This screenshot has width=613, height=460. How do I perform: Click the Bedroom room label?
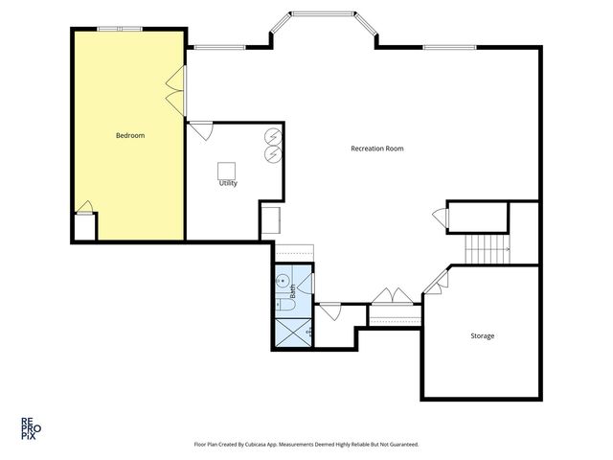(x=130, y=136)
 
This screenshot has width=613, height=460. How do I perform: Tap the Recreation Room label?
(x=376, y=149)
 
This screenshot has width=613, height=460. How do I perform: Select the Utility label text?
(x=228, y=183)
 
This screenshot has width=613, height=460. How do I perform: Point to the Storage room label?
(x=483, y=336)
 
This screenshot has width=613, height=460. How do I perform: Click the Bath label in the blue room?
(x=292, y=291)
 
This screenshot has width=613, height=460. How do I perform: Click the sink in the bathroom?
(x=283, y=281)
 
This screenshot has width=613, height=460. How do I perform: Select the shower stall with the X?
(x=293, y=333)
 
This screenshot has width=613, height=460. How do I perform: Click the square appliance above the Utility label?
(x=226, y=171)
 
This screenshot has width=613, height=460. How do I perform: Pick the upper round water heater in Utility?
(x=273, y=136)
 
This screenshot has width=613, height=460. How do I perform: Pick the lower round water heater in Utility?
(x=273, y=154)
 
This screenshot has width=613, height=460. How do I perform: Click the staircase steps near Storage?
(x=488, y=249)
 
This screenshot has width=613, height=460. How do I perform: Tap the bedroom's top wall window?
(x=120, y=29)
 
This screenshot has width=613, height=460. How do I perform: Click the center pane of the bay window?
(x=323, y=14)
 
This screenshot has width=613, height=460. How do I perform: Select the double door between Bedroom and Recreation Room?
(x=176, y=91)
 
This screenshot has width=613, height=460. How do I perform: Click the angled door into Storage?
(x=437, y=281)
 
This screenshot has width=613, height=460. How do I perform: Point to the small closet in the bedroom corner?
(x=85, y=227)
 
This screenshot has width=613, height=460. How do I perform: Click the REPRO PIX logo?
(x=31, y=428)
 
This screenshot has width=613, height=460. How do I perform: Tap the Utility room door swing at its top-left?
(x=201, y=131)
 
